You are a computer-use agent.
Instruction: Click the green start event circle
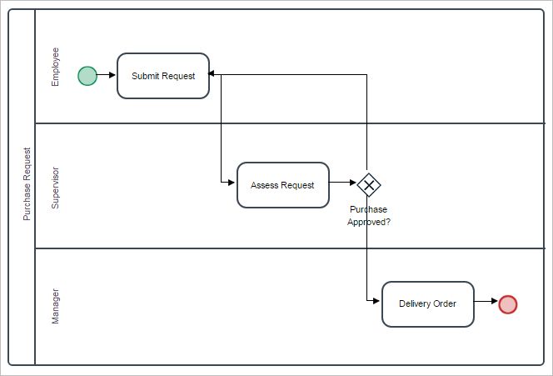(x=87, y=76)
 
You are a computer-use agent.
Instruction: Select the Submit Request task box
(x=163, y=76)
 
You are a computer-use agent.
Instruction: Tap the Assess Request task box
(x=282, y=185)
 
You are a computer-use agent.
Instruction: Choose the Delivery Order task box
(x=427, y=303)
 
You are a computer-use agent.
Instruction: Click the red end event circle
(x=507, y=304)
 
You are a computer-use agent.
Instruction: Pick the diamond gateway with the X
(x=368, y=183)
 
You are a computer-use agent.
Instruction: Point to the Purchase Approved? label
(x=368, y=216)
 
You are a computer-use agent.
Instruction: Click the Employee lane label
(x=56, y=67)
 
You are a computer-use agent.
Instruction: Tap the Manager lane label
(x=56, y=306)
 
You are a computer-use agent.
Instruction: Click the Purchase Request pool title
(x=27, y=184)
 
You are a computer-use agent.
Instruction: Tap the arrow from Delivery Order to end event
(x=486, y=303)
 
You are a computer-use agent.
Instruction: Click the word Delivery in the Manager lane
(x=414, y=303)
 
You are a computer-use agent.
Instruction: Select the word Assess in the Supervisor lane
(x=265, y=185)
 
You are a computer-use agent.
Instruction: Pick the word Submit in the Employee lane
(x=147, y=76)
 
